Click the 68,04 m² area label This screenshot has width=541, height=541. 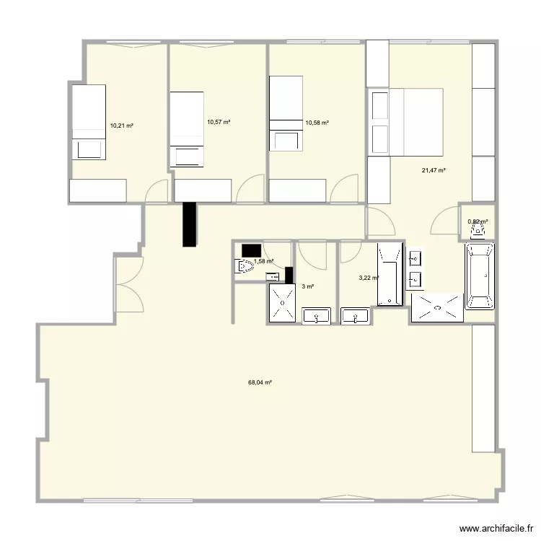(260, 383)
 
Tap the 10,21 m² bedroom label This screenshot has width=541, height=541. (121, 126)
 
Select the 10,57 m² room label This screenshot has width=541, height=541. (219, 123)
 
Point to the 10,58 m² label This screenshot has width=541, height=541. (317, 123)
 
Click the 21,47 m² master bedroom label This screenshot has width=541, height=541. (434, 170)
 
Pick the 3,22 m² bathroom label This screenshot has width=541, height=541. (369, 277)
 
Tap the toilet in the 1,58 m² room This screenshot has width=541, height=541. (245, 268)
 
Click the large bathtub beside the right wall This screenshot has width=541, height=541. (480, 276)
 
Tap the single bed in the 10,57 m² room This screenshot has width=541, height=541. (187, 128)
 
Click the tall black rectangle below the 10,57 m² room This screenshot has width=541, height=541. (190, 224)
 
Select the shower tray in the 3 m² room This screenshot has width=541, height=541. (282, 304)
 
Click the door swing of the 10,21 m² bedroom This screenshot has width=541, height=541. (155, 191)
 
